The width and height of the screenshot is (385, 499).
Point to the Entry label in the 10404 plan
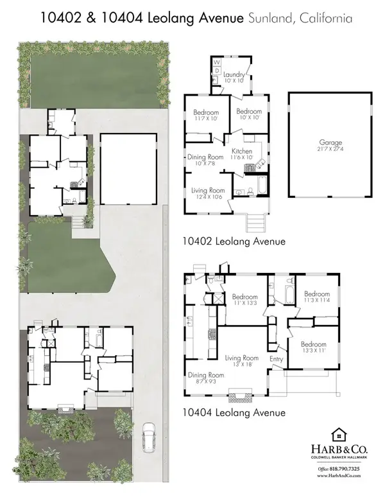[277, 359]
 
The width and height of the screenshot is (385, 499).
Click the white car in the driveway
[148, 439]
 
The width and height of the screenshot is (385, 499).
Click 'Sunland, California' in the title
[299, 19]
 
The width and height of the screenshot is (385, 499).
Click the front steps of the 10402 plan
[255, 223]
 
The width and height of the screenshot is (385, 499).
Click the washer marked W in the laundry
[216, 62]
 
